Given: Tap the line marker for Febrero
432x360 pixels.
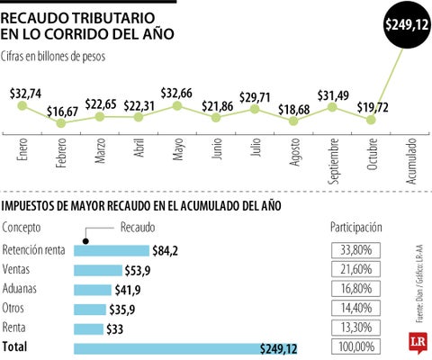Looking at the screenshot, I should point(61,121).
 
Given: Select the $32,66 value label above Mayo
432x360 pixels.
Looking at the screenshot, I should point(178,93).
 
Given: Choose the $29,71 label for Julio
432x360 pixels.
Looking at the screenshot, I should point(256,95).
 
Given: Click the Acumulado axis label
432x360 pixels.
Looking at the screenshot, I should point(411,161).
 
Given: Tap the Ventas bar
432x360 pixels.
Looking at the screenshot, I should point(97,270).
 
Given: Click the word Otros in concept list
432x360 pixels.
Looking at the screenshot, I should point(15,308).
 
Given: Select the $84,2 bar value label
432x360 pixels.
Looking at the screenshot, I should point(164,250).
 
